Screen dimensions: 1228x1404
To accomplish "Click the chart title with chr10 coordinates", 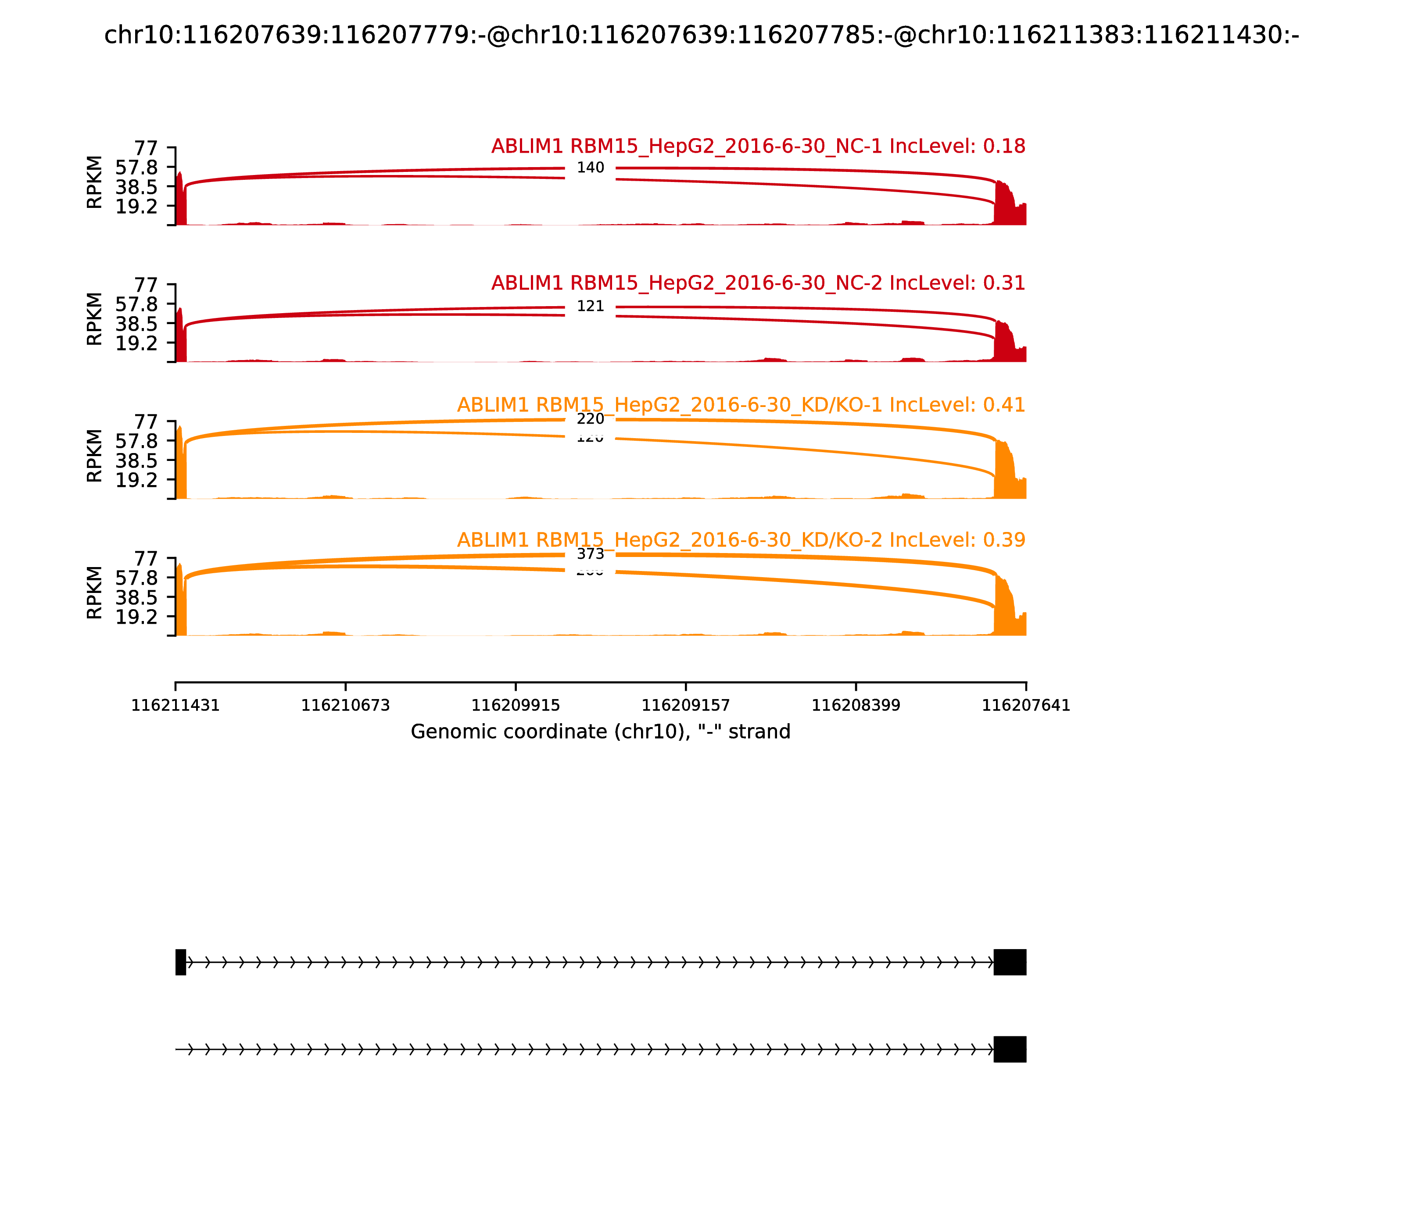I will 701,36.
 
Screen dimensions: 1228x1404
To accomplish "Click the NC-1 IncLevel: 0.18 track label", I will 758,146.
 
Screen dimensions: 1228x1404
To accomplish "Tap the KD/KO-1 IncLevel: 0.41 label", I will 741,405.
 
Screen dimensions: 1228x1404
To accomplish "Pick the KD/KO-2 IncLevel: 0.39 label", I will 741,540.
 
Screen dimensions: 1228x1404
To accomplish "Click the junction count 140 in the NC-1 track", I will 590,168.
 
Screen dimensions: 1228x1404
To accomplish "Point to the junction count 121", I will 590,306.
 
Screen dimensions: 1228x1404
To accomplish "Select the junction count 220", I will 590,419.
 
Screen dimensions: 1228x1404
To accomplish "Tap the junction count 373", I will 590,553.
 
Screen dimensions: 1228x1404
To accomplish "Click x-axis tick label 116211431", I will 175,706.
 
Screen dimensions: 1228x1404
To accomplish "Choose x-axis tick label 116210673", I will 346,706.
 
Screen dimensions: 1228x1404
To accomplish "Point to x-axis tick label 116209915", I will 516,706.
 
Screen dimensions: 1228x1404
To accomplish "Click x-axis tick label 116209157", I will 685,706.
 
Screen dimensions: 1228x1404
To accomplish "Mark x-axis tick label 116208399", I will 856,706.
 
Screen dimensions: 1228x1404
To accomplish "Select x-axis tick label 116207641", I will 1026,706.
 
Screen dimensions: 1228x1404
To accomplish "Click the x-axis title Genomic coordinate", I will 601,732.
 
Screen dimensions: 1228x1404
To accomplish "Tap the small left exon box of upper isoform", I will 181,962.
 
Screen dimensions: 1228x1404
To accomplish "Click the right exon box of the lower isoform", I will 1010,1049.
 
